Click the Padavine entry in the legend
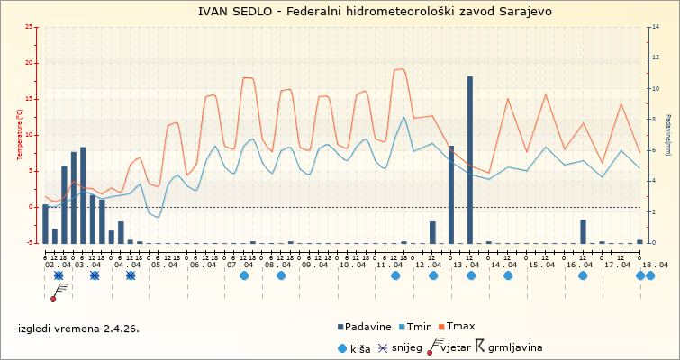point(365,327)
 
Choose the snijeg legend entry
point(399,347)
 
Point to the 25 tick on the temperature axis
point(29,27)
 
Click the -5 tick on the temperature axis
point(29,243)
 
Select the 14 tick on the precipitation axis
point(655,27)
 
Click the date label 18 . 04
point(655,265)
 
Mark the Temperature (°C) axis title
point(20,135)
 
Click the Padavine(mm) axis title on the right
point(668,135)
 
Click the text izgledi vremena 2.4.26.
point(79,328)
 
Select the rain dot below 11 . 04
point(395,275)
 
